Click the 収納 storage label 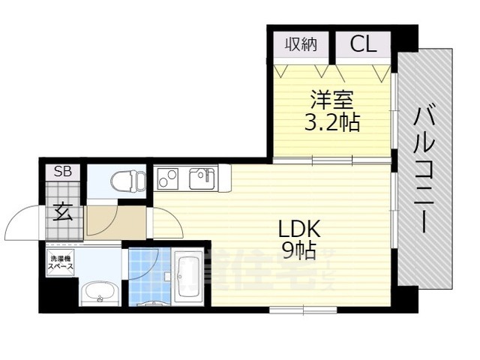300,44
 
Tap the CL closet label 363,44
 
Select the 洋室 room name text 331,99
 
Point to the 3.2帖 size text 331,122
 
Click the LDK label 299,227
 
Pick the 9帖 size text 299,250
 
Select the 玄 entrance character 63,213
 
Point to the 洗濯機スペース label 61,262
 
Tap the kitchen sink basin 201,178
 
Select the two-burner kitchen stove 168,179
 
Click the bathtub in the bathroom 187,278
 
